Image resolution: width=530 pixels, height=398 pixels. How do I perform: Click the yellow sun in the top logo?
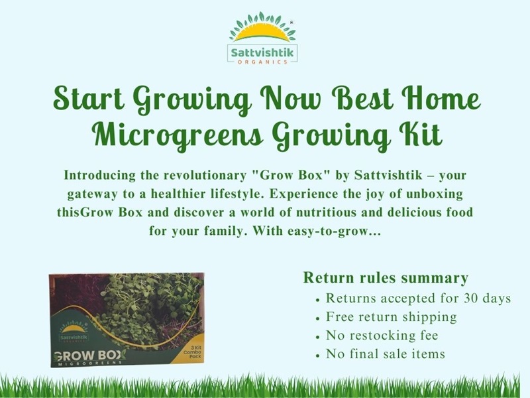pos(262,33)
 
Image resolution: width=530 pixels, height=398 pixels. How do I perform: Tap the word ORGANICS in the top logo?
pos(262,62)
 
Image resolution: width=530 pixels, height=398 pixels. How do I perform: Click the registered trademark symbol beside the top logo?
pos(291,23)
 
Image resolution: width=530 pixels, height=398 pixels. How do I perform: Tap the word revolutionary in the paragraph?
pos(205,175)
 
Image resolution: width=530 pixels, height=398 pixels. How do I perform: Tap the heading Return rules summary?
pos(386,277)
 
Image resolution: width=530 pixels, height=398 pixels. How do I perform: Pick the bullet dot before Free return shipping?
pos(317,319)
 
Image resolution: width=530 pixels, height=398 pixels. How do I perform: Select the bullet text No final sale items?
pos(386,354)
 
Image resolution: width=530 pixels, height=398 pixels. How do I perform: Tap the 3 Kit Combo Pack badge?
pos(192,352)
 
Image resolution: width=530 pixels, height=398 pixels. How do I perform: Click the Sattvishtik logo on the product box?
pos(74,334)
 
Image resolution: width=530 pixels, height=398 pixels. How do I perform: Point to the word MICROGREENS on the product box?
pos(89,364)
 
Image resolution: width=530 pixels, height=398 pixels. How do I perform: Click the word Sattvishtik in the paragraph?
pos(388,175)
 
